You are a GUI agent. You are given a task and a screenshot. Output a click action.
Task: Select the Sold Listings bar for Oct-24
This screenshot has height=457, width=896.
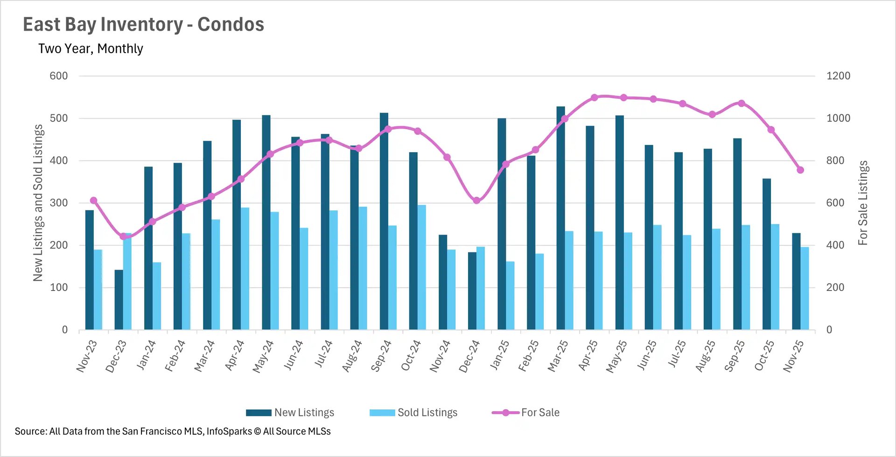[x=421, y=267]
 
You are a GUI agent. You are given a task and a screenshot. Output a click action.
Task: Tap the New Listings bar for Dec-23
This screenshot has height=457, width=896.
[x=119, y=299]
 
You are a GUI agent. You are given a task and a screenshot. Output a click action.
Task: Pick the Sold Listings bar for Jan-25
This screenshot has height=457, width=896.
[x=510, y=296]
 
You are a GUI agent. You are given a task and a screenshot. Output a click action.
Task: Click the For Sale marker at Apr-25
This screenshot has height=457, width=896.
[x=594, y=97]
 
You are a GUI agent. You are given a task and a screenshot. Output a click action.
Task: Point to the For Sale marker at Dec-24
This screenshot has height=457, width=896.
[x=476, y=201]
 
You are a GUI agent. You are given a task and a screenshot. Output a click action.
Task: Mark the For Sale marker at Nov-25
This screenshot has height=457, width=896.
[x=800, y=170]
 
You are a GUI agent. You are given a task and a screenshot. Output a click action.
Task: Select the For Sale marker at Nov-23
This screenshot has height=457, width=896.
[x=93, y=201]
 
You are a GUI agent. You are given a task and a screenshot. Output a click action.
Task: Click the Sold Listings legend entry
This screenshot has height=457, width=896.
[x=413, y=413]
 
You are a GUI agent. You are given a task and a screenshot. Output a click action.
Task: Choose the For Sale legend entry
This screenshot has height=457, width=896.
[x=526, y=413]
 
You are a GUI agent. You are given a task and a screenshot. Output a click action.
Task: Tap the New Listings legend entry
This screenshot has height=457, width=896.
[x=290, y=413]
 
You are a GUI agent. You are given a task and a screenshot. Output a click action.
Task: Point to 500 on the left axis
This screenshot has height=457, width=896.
[x=59, y=118]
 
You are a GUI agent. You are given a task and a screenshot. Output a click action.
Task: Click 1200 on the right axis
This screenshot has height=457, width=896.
[x=838, y=76]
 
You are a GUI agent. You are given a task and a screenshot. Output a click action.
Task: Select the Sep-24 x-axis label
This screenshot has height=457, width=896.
[x=381, y=356]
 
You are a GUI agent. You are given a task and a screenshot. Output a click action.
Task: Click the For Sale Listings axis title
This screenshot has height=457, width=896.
[x=863, y=203]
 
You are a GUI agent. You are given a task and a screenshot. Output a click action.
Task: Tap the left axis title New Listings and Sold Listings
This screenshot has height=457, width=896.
[x=38, y=203]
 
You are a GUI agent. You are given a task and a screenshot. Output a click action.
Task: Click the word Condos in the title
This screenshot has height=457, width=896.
[x=231, y=24]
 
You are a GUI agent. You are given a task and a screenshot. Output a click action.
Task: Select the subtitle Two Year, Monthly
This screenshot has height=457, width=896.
[x=91, y=48]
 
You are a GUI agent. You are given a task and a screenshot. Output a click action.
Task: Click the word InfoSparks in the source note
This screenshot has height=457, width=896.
[x=229, y=431]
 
